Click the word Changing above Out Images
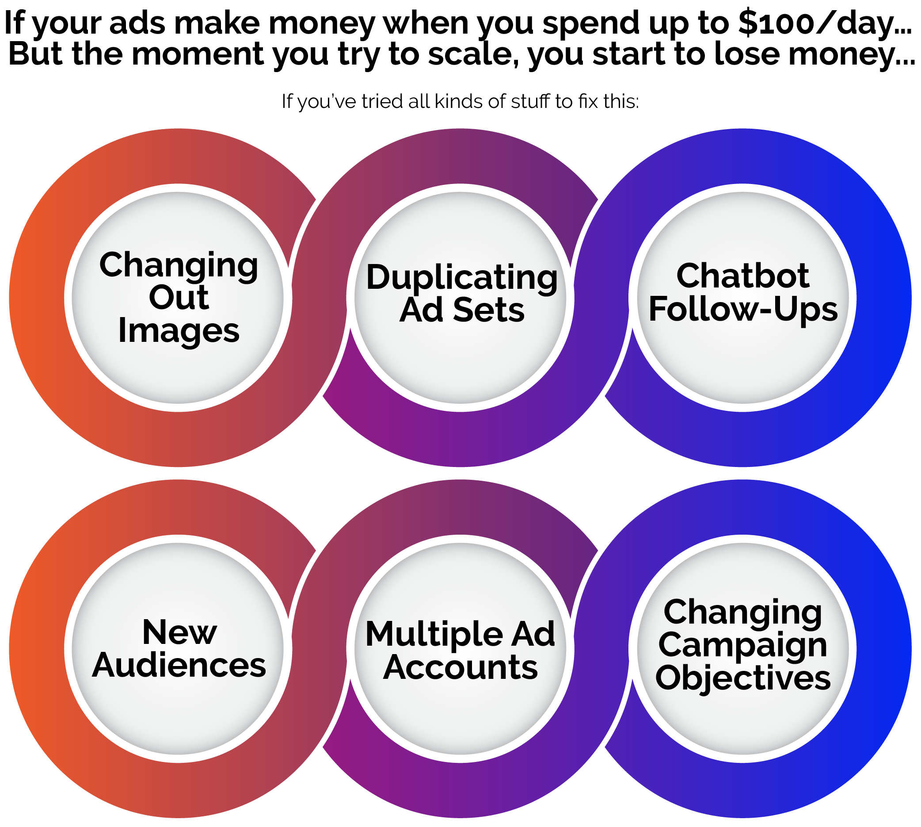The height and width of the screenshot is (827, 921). pyautogui.click(x=179, y=265)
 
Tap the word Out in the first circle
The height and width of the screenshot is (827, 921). pyautogui.click(x=179, y=298)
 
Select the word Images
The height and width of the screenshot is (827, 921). pyautogui.click(x=179, y=331)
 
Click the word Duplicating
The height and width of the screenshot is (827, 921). pyautogui.click(x=461, y=278)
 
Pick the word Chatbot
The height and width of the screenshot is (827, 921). pyautogui.click(x=742, y=276)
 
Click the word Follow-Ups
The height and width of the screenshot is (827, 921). pyautogui.click(x=743, y=309)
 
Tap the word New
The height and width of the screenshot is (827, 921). pyautogui.click(x=179, y=632)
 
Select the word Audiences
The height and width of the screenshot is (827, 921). pyautogui.click(x=179, y=665)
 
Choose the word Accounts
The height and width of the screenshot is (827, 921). pyautogui.click(x=460, y=667)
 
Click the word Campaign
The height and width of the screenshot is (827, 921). pyautogui.click(x=742, y=646)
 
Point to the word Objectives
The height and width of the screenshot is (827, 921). pyautogui.click(x=743, y=678)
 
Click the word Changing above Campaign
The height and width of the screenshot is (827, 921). pyautogui.click(x=742, y=613)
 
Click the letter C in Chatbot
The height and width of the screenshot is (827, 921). pyautogui.click(x=689, y=276)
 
